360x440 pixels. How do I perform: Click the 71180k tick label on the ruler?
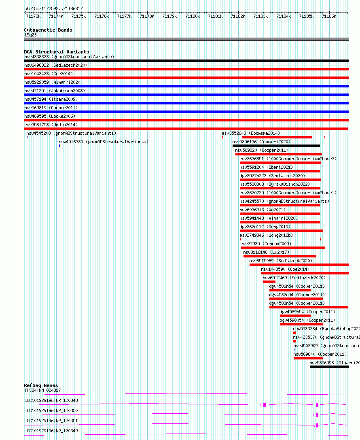[193, 16]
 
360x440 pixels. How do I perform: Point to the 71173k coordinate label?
[33, 16]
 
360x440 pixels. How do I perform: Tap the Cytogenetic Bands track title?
[48, 30]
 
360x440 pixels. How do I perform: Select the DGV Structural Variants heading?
[56, 52]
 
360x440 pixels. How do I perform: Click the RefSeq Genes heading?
[41, 385]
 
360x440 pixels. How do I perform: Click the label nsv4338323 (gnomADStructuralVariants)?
[69, 57]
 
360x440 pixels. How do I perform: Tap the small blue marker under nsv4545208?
[27, 137]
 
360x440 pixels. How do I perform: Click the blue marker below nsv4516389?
[59, 146]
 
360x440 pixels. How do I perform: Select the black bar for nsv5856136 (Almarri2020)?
[276, 146]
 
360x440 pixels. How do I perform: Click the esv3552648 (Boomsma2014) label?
[251, 133]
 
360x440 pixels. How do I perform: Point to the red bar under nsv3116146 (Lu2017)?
[280, 256]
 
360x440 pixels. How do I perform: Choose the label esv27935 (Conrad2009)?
[265, 244]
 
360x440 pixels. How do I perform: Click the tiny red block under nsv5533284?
[294, 333]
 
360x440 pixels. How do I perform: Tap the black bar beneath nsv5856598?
[329, 367]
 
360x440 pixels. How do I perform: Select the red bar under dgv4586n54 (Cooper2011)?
[290, 290]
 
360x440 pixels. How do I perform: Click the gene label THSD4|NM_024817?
[42, 390]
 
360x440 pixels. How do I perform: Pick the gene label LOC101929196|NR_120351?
[51, 421]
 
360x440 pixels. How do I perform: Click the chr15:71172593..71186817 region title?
[53, 9]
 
